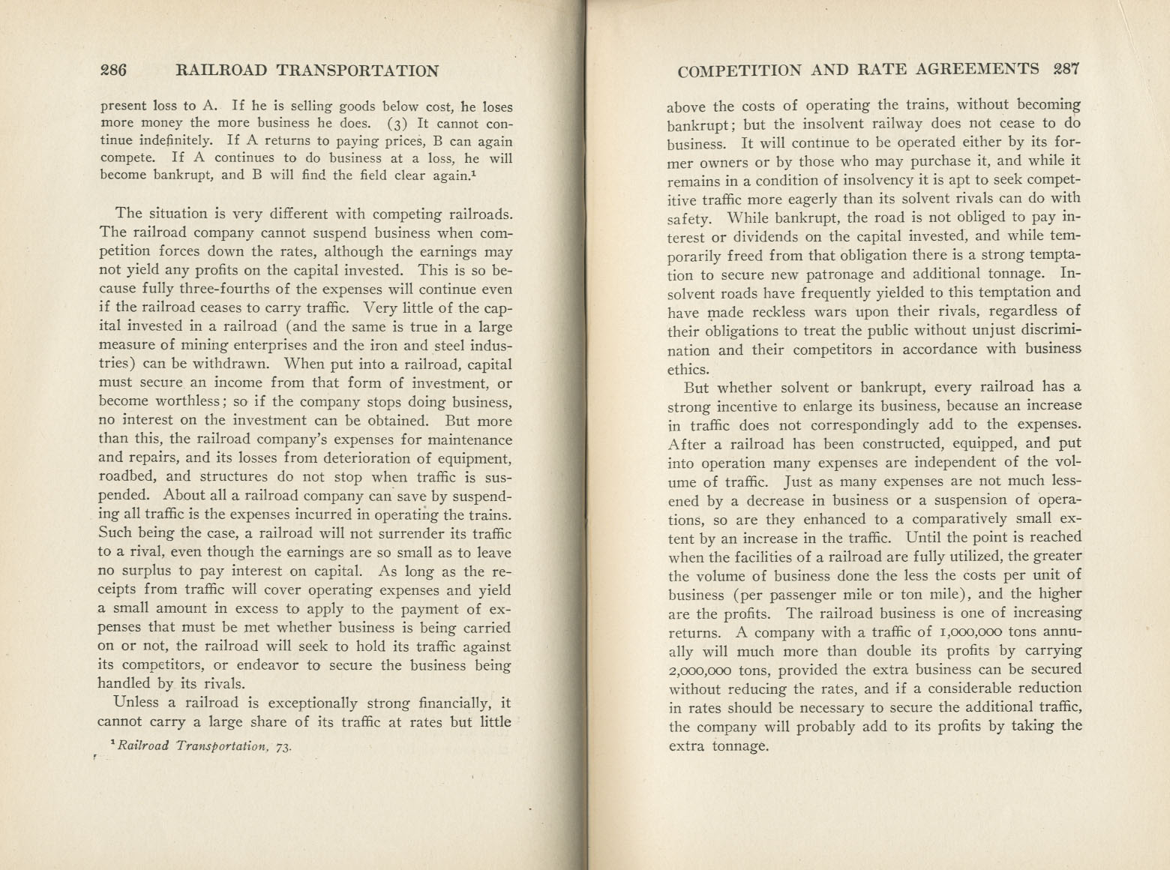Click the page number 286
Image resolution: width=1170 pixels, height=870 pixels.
pyautogui.click(x=114, y=70)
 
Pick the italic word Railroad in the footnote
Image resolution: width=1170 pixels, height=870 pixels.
pyautogui.click(x=141, y=745)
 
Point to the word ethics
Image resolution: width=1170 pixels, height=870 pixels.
pyautogui.click(x=688, y=369)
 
